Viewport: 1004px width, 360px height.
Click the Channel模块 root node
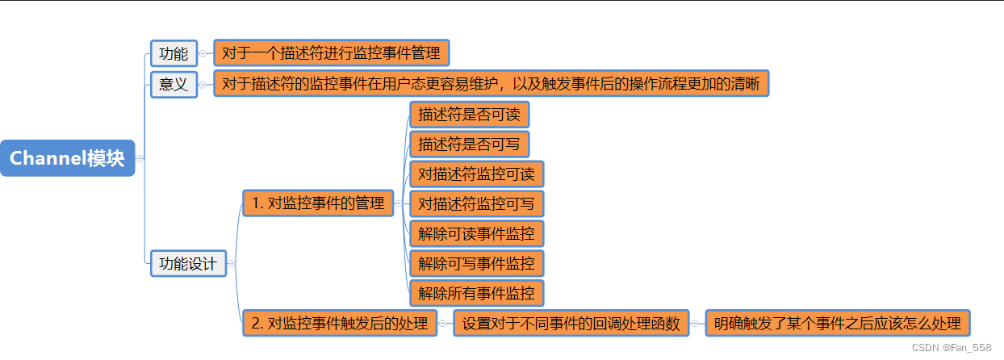coord(67,158)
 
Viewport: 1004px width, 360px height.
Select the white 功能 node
coord(174,54)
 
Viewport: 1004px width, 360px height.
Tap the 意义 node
coord(174,84)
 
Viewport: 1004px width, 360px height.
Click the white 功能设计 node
coord(187,263)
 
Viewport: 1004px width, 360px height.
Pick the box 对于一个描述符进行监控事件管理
coord(331,54)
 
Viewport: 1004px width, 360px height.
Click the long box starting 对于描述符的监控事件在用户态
coord(491,84)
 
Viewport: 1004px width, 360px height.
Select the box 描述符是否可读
coord(469,115)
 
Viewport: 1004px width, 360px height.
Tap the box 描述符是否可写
coord(469,144)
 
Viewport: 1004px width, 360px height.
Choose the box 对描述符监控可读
coord(476,174)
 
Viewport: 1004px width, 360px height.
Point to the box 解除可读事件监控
coord(476,234)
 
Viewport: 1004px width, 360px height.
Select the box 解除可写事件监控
coord(476,263)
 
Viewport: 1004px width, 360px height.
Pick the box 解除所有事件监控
coord(476,293)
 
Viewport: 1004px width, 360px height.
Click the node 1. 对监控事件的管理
coord(318,203)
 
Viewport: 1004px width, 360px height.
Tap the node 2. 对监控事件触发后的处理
coord(340,323)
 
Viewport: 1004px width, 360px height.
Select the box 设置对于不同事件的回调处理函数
coord(571,323)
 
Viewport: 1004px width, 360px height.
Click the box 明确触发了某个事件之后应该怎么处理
coord(837,323)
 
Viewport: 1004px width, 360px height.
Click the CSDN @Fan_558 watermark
coord(952,347)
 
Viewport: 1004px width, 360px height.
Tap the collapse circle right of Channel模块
coord(140,158)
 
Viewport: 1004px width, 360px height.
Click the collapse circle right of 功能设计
coord(232,263)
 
